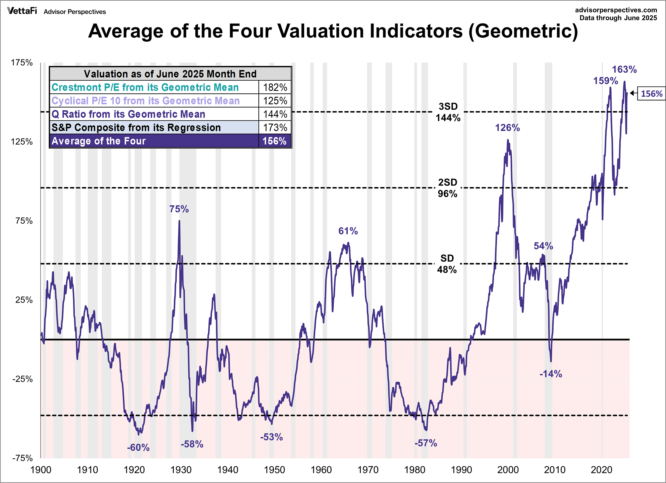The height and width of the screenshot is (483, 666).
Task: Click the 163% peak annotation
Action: (624, 70)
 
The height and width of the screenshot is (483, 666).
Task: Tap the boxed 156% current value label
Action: (651, 94)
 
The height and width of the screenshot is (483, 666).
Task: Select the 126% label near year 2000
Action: (508, 128)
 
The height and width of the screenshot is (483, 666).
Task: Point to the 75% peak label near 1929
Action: (179, 209)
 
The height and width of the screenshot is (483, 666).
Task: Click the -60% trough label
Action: (138, 448)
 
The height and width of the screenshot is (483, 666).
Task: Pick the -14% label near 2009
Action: (551, 374)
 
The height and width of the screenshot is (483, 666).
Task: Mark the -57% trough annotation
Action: (425, 443)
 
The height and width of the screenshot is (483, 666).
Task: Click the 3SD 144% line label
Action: (448, 112)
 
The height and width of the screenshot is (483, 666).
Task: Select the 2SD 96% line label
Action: (448, 188)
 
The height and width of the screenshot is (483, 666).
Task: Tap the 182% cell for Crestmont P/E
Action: (275, 87)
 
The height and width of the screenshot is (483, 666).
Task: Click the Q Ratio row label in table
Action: (128, 114)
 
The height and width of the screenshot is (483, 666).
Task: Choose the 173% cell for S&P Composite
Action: (275, 127)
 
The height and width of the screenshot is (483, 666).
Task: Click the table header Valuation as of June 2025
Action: (170, 74)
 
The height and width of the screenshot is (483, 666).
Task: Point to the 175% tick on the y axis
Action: (21, 63)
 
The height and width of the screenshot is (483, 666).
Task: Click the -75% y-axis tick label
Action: (22, 458)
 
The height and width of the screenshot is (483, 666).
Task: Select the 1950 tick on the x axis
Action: (274, 470)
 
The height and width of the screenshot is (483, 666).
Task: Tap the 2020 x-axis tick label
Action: (601, 470)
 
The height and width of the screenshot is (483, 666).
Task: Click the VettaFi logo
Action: (22, 11)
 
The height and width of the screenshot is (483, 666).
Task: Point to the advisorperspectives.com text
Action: (616, 10)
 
